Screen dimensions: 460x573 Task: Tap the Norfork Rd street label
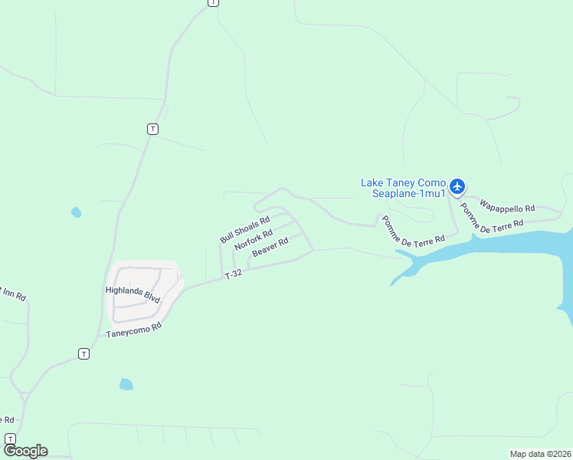point(254,240)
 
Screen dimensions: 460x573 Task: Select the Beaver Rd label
point(270,247)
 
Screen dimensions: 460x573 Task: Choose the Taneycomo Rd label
point(135,330)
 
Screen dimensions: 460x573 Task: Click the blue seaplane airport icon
point(457,186)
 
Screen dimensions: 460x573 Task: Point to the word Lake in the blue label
point(372,182)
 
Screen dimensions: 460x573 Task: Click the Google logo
point(25,451)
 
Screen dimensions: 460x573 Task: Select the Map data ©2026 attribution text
point(540,454)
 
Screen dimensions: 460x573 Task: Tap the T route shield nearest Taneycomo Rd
point(83,353)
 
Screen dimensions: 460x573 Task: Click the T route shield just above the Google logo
point(10,438)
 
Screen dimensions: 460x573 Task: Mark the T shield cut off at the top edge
point(213,2)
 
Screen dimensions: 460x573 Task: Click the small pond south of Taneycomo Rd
point(126,383)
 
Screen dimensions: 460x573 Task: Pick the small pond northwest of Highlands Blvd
point(76,212)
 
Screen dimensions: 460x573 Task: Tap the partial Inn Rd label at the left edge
point(13,296)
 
